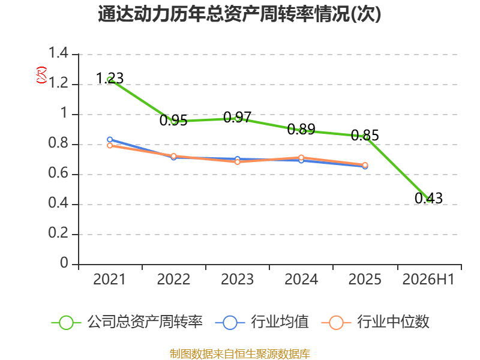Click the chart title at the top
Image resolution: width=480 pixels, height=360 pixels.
coord(239,14)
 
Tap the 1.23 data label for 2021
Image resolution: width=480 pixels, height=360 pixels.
coord(110,78)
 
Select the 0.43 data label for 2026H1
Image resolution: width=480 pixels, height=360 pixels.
coord(428,198)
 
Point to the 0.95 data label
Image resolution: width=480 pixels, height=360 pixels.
coord(173,121)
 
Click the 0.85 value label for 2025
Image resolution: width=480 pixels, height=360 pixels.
coord(365,136)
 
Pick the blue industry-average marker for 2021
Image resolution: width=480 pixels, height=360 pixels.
coord(110,140)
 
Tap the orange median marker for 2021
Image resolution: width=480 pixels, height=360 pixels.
coord(110,145)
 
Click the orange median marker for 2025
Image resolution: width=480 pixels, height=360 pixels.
coord(365,165)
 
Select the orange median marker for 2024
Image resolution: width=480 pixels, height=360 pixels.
coord(301,158)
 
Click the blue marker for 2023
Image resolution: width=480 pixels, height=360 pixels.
coord(237,159)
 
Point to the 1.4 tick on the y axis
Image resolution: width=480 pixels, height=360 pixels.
coord(58,53)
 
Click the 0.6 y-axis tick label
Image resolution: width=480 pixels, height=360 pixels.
coord(58,173)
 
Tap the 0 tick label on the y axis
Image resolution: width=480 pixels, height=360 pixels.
coord(64,263)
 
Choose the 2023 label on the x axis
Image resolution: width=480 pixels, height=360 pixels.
coord(237,279)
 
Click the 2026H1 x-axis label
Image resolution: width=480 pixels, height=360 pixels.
coord(428,279)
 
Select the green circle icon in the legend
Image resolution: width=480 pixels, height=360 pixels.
coord(66,323)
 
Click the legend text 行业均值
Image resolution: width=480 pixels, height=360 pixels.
coord(280,322)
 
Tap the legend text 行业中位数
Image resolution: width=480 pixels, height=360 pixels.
coord(393,322)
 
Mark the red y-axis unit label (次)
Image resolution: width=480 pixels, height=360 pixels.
coord(41,75)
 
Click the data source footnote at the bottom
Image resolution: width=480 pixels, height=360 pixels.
coord(239,354)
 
